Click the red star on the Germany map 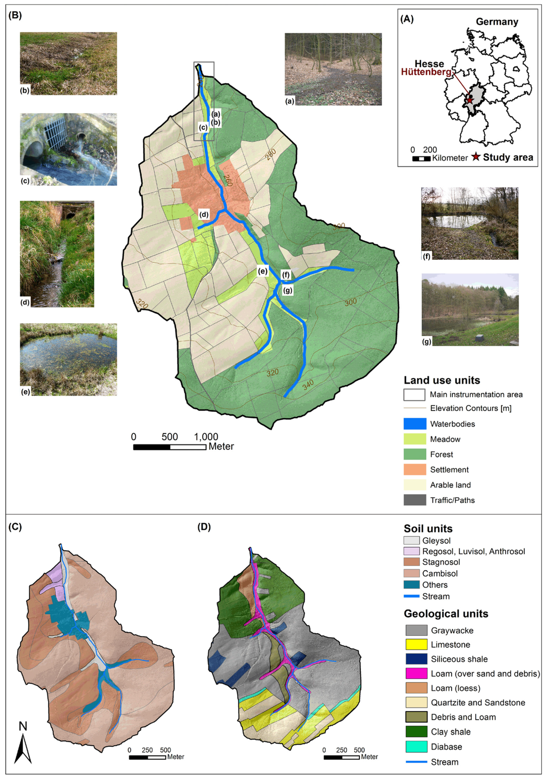tap(470, 100)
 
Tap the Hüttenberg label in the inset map tap(426, 72)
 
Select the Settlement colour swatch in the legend tap(415, 469)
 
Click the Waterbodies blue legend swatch tap(415, 424)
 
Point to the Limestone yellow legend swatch tap(416, 645)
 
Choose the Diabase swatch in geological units tap(416, 747)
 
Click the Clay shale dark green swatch tap(416, 732)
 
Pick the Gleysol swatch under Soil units tap(412, 540)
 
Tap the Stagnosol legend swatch tap(412, 562)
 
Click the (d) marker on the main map tap(204, 215)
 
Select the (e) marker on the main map tap(262, 271)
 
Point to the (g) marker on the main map tap(288, 291)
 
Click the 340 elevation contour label tap(308, 385)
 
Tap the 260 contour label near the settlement tap(228, 180)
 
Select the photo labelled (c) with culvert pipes tap(68, 149)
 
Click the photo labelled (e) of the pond tap(68, 359)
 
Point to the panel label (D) tap(204, 527)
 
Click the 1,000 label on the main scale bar tap(206, 436)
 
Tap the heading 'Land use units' tap(441, 380)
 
